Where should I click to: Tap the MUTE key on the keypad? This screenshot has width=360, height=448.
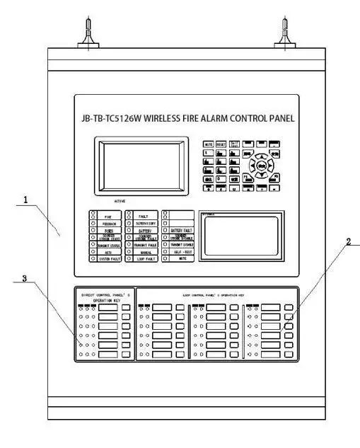209,144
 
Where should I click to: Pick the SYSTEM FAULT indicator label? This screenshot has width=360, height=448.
108,260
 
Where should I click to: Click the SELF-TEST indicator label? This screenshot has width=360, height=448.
182,251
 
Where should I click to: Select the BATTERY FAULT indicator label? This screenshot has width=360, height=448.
182,231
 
